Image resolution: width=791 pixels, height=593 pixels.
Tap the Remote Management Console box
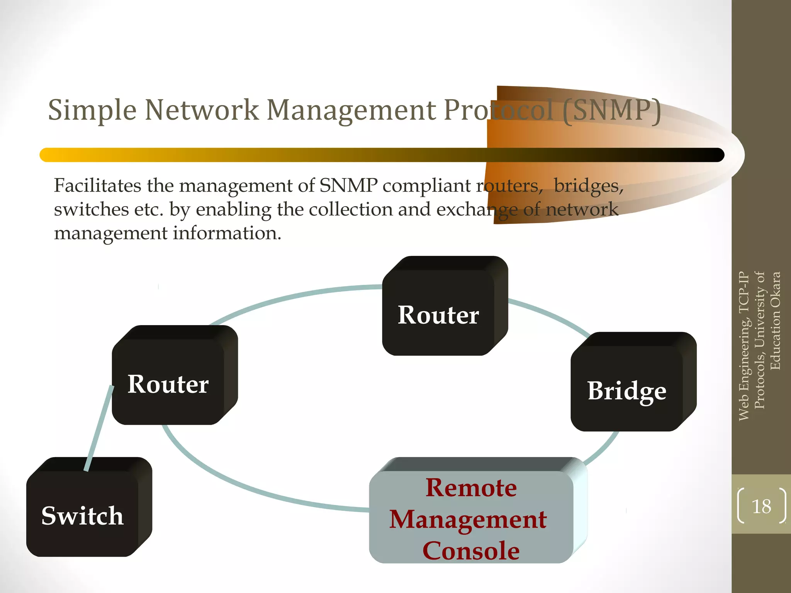click(471, 517)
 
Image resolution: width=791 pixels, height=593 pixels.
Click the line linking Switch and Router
click(98, 429)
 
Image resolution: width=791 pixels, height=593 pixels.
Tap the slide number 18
click(761, 506)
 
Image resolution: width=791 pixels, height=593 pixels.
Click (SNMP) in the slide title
click(612, 111)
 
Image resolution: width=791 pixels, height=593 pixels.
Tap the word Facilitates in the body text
click(97, 185)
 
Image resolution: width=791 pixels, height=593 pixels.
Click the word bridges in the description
click(588, 186)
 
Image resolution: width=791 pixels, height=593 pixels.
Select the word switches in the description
click(91, 209)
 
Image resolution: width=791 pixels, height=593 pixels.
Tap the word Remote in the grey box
click(471, 487)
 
